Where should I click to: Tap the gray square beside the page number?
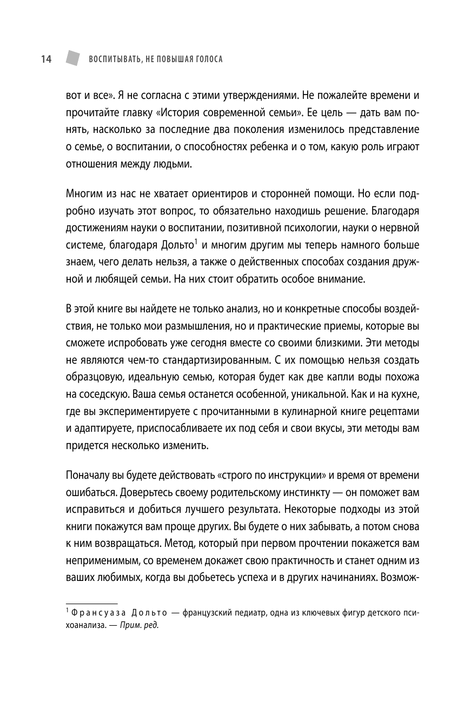[70, 58]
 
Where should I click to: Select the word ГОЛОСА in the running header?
[207, 59]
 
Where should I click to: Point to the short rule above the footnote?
[91, 603]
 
